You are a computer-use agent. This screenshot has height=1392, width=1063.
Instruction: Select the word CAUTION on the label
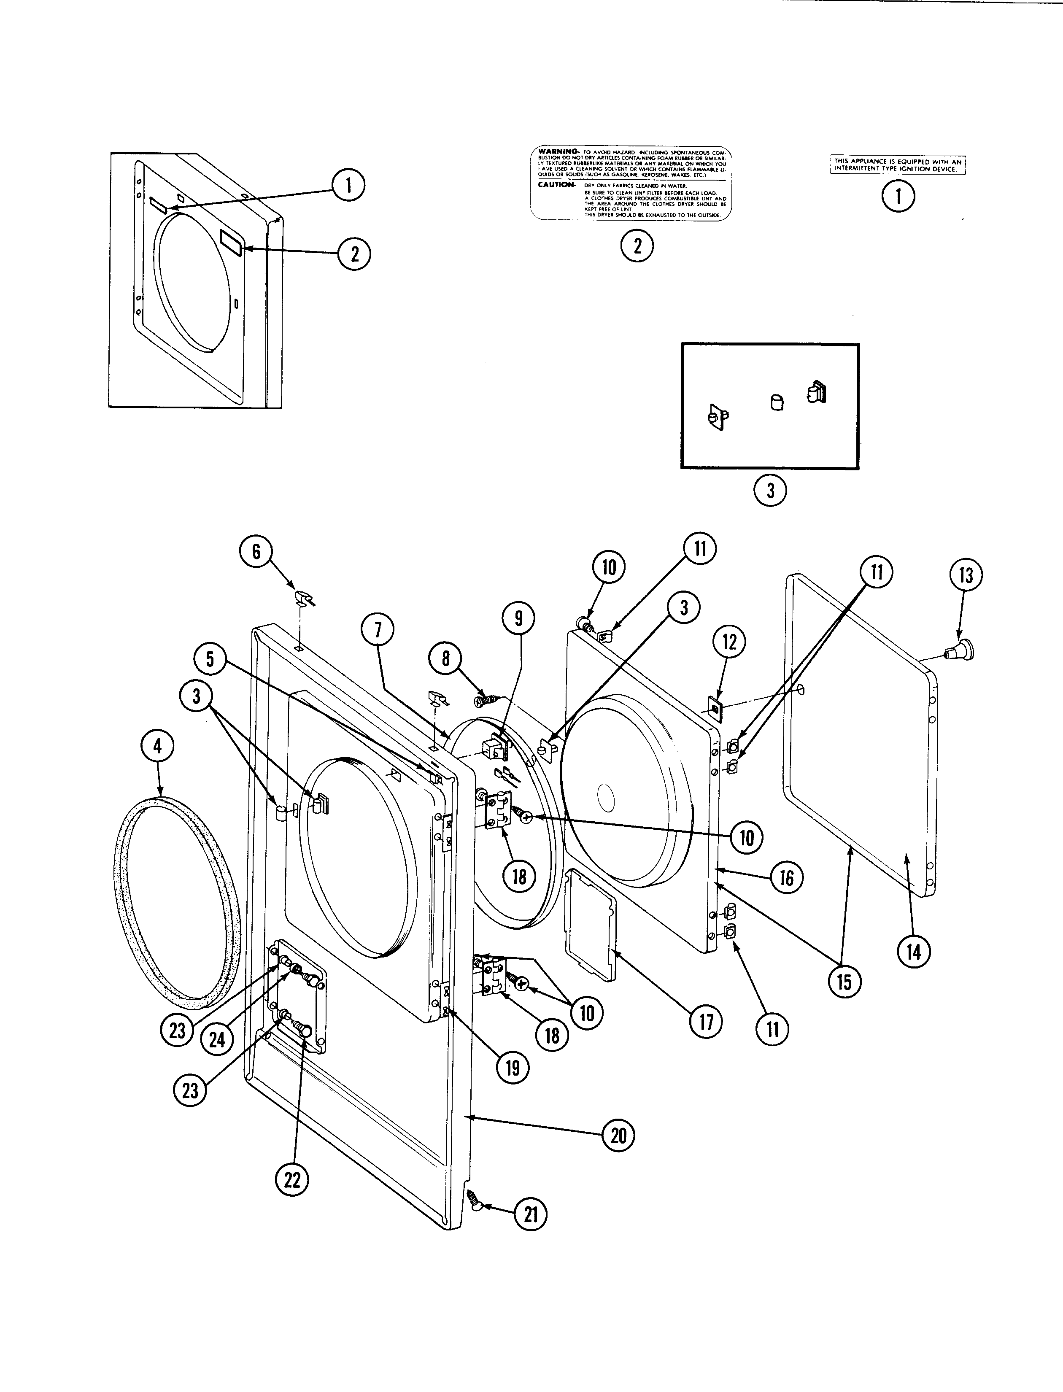556,185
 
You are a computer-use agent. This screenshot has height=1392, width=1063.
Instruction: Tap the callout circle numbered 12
730,642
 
